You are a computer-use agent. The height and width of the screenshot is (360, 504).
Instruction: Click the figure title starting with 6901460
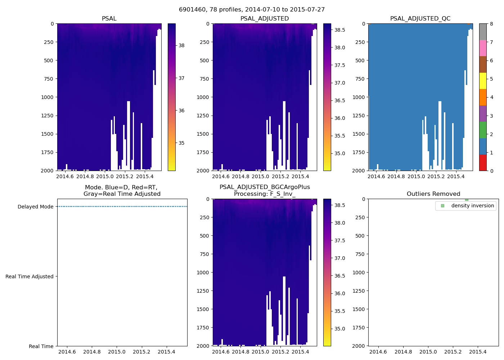tap(252, 10)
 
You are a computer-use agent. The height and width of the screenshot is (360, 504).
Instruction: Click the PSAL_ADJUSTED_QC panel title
tap(420, 19)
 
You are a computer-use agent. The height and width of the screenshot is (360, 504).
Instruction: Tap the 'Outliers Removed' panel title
tap(433, 194)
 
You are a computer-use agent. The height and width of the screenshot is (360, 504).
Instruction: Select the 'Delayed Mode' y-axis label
tap(35, 207)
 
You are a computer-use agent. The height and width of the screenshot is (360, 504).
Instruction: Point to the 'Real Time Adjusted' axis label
tap(29, 276)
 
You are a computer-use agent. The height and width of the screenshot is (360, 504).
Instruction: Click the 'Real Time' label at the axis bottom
tap(41, 346)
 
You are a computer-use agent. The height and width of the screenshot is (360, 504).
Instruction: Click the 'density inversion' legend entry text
tap(472, 206)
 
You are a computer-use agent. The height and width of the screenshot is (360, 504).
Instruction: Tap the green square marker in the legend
tap(442, 206)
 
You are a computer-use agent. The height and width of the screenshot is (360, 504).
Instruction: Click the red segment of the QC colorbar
tap(483, 163)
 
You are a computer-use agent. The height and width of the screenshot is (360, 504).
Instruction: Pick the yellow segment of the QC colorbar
tap(483, 81)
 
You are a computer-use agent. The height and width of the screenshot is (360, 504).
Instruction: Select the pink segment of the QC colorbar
tap(483, 48)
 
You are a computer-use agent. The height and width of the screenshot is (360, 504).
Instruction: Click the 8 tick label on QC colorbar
tap(492, 24)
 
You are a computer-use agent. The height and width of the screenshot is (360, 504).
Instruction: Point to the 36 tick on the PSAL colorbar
tap(181, 111)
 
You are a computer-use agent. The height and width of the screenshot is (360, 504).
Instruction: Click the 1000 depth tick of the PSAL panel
tap(47, 97)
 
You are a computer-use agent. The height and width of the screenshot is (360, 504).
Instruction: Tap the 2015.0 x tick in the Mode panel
tap(117, 352)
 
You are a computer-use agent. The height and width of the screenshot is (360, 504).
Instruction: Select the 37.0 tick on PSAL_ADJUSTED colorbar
tap(340, 83)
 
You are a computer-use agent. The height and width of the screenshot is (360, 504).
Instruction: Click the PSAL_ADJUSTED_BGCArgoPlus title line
tap(265, 187)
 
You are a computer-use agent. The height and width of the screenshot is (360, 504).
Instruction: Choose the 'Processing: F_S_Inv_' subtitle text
tap(265, 194)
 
